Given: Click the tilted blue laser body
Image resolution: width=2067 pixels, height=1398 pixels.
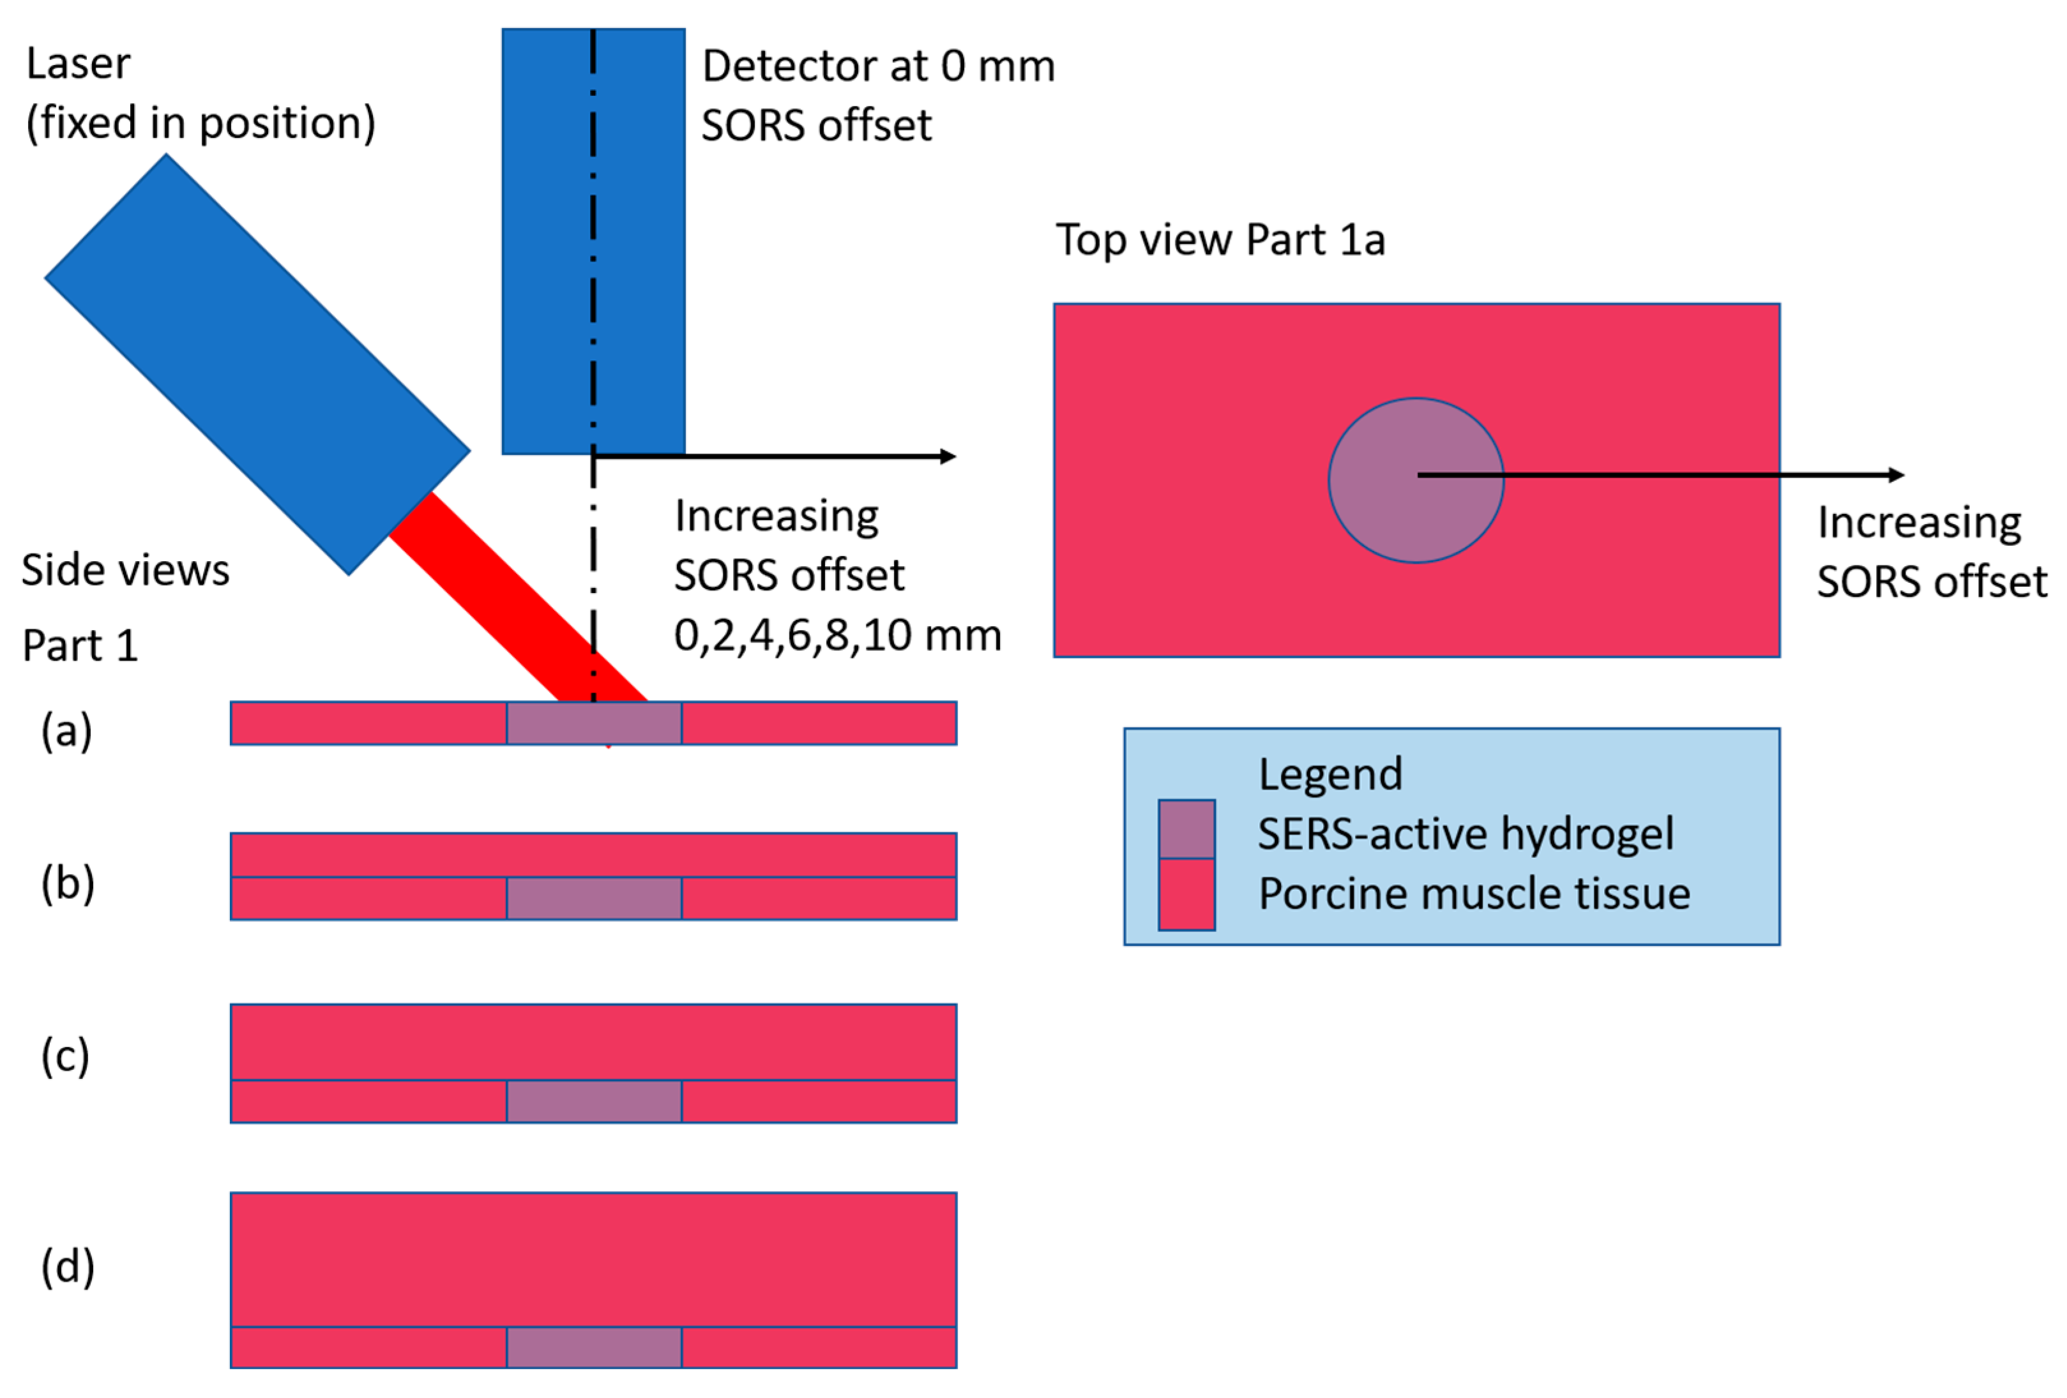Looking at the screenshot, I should pyautogui.click(x=257, y=364).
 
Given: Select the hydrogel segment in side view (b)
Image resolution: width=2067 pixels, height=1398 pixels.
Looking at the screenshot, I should pyautogui.click(x=593, y=898).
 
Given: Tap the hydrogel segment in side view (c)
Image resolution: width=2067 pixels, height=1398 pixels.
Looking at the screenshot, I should pyautogui.click(x=593, y=1101).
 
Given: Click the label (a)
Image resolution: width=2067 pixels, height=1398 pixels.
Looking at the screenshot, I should pyautogui.click(x=66, y=731).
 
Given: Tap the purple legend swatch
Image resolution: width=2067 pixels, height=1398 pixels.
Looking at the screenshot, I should pyautogui.click(x=1186, y=829).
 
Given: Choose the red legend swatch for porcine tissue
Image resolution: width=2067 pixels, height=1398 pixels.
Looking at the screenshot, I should pyautogui.click(x=1186, y=894).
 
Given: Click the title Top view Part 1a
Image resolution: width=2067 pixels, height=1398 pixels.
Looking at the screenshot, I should pyautogui.click(x=1220, y=239).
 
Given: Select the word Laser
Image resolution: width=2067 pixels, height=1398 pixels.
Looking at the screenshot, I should pyautogui.click(x=79, y=63).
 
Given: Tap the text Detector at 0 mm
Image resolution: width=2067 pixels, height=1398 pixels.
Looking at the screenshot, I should pyautogui.click(x=878, y=66).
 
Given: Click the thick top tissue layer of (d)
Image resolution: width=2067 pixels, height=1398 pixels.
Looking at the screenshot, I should pyautogui.click(x=593, y=1258).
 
